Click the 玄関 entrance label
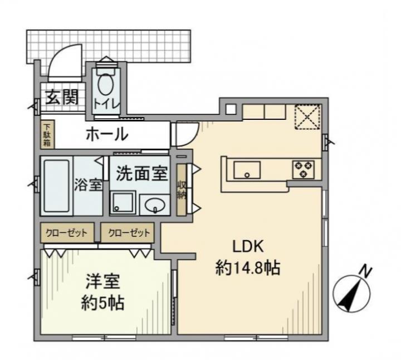coord(62,97)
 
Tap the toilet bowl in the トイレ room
coord(106,84)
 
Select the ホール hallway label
coord(106,134)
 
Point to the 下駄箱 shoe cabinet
coord(47,135)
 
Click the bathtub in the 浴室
coord(56,186)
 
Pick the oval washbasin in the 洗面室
coord(155,205)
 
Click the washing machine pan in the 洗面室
coord(123,203)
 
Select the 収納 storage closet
coord(182,189)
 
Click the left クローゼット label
coord(66,233)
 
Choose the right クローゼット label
coord(129,233)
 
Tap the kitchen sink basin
coord(247,170)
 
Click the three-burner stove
coord(304,169)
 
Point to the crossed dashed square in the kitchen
coord(307,116)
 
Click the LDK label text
coord(247,247)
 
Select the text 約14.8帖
coord(247,268)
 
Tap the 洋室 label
coord(102,281)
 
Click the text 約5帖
coord(102,303)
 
